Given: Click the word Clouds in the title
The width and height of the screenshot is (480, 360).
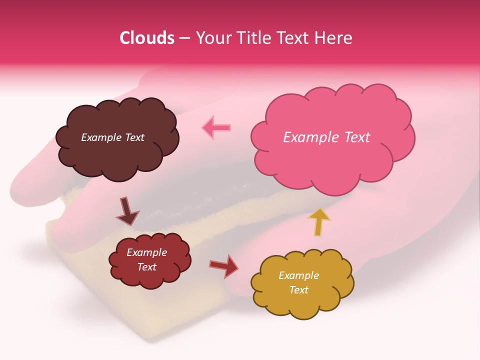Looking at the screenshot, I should click(x=146, y=38).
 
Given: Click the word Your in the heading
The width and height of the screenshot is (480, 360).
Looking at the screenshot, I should click(x=211, y=38).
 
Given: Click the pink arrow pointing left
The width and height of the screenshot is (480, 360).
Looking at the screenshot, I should click(x=216, y=127).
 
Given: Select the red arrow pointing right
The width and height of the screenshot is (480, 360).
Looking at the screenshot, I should click(x=224, y=265).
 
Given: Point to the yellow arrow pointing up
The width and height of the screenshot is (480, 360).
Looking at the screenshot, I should click(x=319, y=222).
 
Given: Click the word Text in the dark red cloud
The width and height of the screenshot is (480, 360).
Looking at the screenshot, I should click(x=147, y=267).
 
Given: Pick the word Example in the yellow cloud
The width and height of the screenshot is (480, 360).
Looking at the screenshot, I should click(x=298, y=275).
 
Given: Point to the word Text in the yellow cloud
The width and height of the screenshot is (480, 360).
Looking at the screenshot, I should click(x=298, y=290).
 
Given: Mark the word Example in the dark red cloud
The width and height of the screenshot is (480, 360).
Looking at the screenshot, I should click(x=147, y=252).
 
